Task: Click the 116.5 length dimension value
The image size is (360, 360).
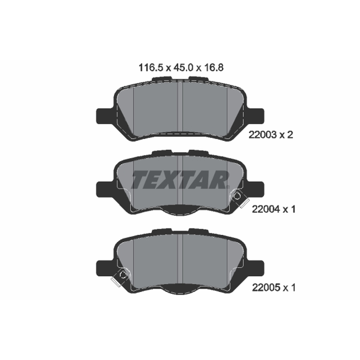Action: point(151,68)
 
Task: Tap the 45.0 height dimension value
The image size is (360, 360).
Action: point(183,68)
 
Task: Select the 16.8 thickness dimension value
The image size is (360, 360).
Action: point(213,68)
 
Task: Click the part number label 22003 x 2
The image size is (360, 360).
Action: point(271,135)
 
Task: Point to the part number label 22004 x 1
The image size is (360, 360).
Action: point(274,209)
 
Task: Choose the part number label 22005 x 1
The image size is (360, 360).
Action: point(274,288)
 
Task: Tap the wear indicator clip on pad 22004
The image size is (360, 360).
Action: point(239,198)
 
